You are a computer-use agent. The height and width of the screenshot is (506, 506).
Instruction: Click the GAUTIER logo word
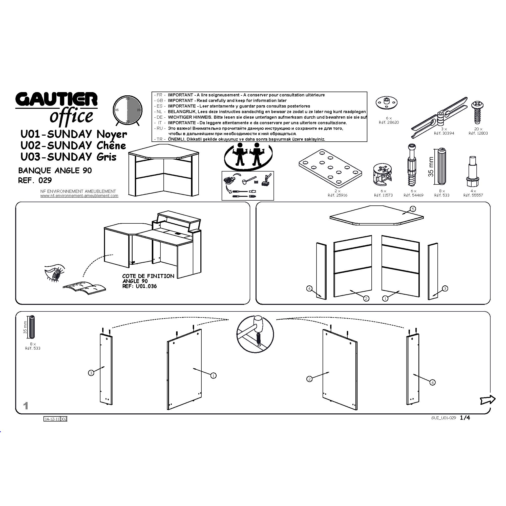pos(56,100)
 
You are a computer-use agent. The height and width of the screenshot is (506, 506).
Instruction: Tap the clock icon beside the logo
pos(128,110)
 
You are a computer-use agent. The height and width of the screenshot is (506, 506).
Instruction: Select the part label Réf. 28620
pos(389,122)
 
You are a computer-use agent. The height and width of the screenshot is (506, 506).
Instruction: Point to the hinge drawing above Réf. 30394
pos(439,117)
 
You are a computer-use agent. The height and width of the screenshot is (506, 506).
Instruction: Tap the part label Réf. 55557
pos(473,195)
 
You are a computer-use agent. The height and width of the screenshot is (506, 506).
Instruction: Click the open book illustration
pos(84,287)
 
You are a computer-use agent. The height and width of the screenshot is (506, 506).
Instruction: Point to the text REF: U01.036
pos(139,286)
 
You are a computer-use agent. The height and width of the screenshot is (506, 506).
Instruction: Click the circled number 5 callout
pos(412,209)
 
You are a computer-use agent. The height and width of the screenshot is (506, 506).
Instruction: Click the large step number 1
pos(26,406)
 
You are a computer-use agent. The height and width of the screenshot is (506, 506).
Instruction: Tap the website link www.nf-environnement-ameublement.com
pos(79,196)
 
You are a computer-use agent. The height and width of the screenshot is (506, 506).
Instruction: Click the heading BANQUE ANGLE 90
pos(55,171)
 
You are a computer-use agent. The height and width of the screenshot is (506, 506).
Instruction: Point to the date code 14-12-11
pos(52,419)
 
